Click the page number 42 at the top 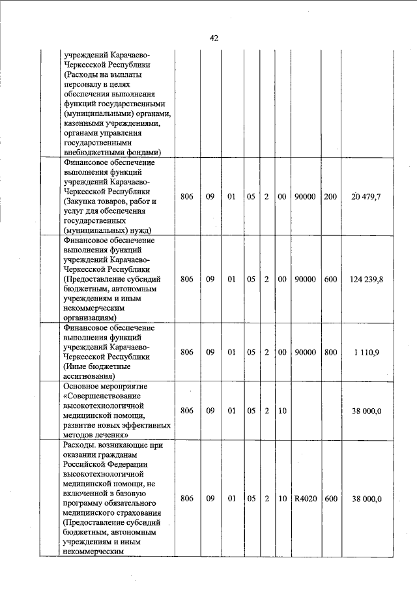[x=214, y=38]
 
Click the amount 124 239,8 [x=366, y=279]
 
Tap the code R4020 [x=305, y=499]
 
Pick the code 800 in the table [x=330, y=352]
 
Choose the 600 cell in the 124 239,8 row [x=330, y=279]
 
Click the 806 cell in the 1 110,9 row [x=187, y=352]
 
